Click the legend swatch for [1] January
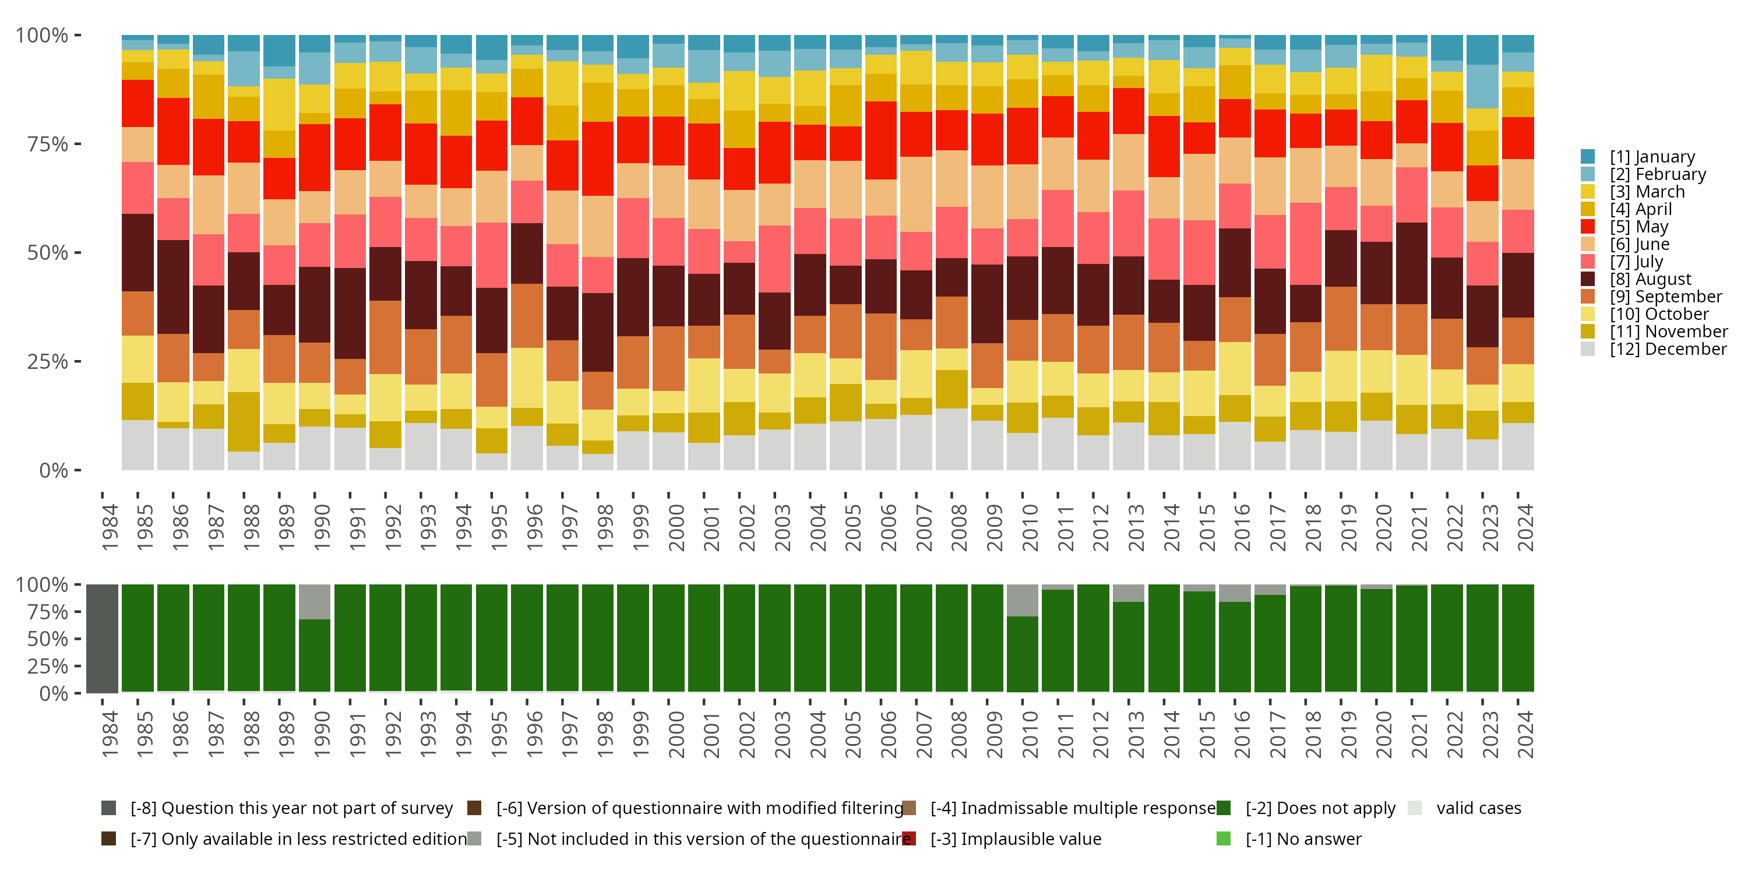click(1588, 157)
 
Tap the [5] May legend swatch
click(1588, 227)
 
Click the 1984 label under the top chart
click(110, 527)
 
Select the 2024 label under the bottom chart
click(1524, 734)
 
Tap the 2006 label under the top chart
click(887, 527)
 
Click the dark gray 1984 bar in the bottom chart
click(103, 639)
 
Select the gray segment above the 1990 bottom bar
click(315, 602)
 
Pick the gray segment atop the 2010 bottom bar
click(1022, 601)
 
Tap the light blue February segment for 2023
click(1482, 86)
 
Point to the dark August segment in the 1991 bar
click(350, 313)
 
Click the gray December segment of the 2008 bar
click(951, 438)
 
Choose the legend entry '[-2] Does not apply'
click(1320, 808)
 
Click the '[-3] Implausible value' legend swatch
click(910, 838)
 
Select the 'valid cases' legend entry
click(1478, 808)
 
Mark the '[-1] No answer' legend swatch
click(1224, 838)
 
